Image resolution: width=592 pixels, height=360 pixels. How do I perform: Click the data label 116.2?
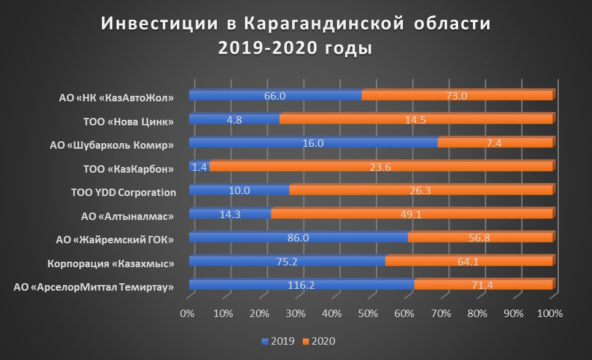click(x=302, y=285)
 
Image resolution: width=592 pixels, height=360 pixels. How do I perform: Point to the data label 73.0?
click(x=456, y=95)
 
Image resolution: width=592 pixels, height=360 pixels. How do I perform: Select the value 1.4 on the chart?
click(x=199, y=166)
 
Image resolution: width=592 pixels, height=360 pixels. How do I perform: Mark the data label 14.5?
click(x=416, y=119)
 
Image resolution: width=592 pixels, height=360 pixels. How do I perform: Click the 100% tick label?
click(x=549, y=314)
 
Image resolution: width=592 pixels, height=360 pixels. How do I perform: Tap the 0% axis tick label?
click(x=187, y=314)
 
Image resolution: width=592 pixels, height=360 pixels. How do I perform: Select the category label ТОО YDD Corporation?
click(x=123, y=192)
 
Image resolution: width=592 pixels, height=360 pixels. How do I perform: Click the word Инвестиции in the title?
click(x=154, y=25)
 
